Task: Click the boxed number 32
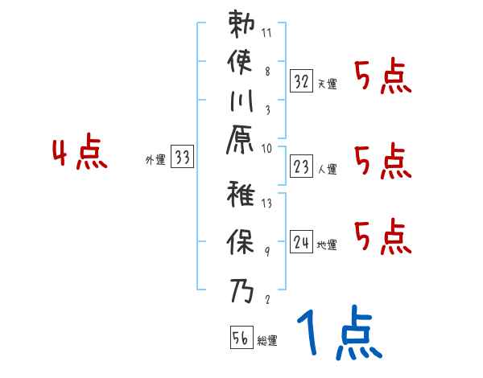pos(301,80)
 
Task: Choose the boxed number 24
pos(301,241)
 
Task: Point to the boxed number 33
pos(183,158)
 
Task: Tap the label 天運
pos(327,84)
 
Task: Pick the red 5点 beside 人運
pos(383,162)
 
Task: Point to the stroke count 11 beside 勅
pos(266,35)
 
